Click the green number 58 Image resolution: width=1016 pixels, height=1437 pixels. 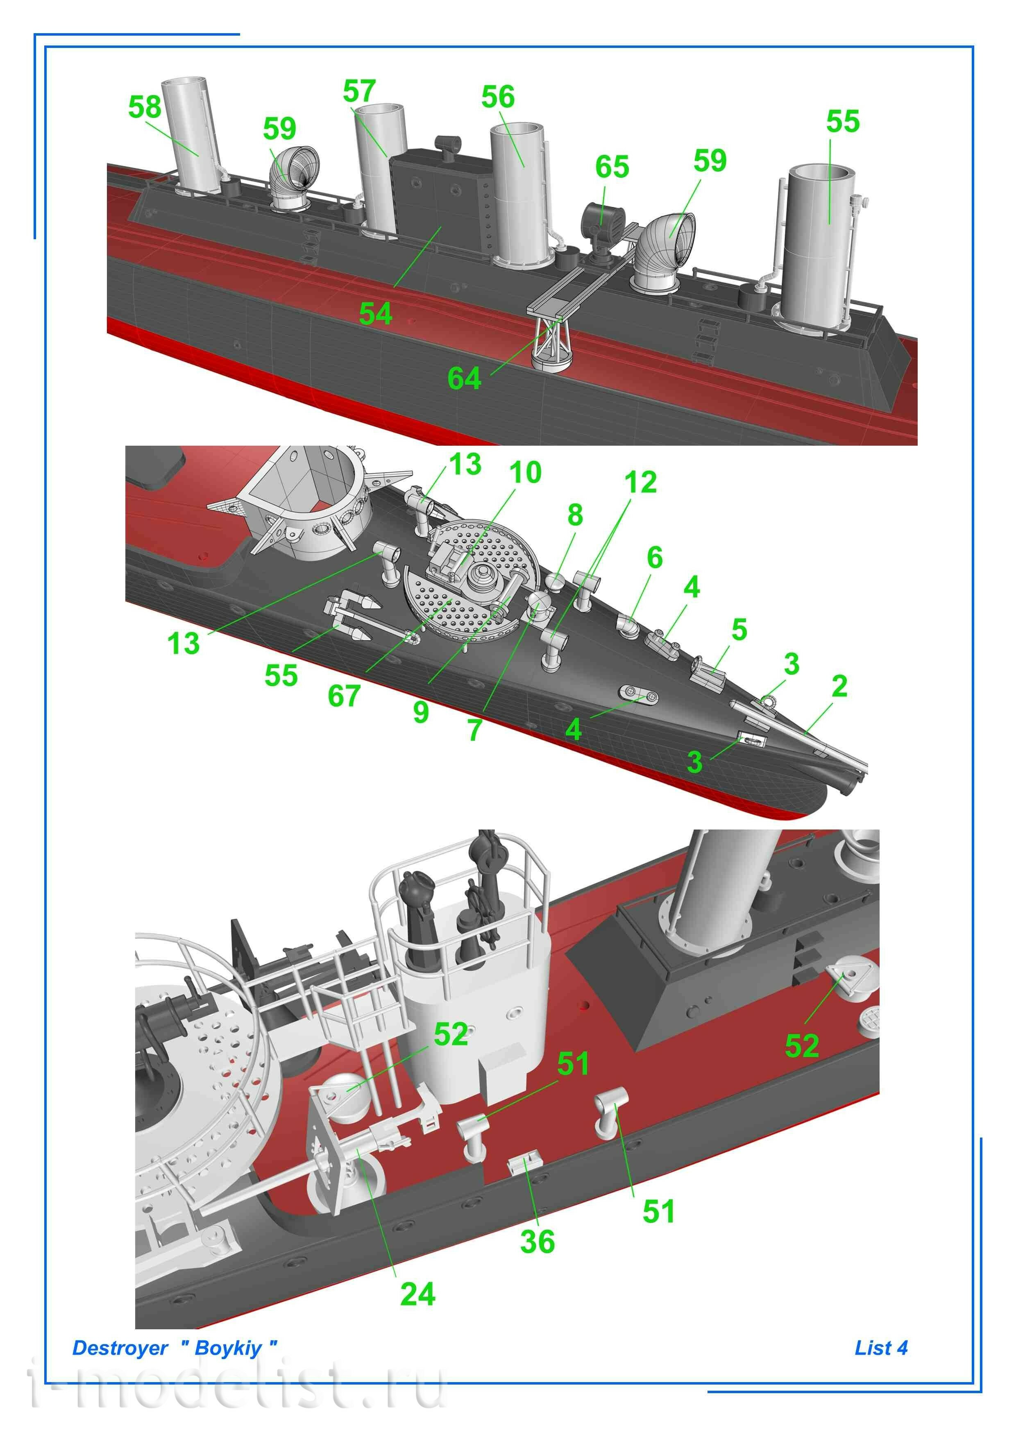click(x=145, y=107)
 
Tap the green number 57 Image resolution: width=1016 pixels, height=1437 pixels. click(x=359, y=91)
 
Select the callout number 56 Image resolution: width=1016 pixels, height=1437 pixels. click(x=498, y=97)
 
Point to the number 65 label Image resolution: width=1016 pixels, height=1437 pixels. click(x=612, y=167)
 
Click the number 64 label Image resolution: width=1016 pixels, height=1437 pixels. click(x=464, y=379)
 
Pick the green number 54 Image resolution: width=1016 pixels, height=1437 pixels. click(x=375, y=313)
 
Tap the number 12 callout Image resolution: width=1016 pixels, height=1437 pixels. click(x=640, y=483)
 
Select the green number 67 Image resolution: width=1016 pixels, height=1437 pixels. click(x=344, y=696)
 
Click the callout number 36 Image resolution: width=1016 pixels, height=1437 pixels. click(x=537, y=1242)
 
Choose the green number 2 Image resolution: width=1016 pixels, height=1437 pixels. click(x=839, y=687)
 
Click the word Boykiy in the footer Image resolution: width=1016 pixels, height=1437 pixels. click(x=228, y=1348)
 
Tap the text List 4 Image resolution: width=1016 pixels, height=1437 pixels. click(x=881, y=1348)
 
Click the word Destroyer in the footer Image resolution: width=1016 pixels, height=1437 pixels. click(x=120, y=1348)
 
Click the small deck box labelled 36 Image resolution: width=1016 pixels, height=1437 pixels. click(x=524, y=1163)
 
